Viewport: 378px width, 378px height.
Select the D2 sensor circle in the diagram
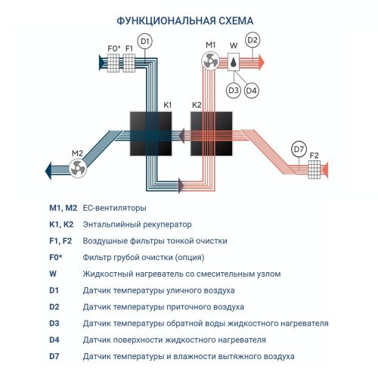point(253,40)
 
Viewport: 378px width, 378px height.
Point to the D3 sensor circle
point(233,90)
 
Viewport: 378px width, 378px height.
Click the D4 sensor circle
point(251,90)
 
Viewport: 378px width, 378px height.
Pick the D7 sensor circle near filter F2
point(299,149)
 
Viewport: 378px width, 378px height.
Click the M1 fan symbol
point(212,62)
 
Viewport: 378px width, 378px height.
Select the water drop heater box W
point(234,62)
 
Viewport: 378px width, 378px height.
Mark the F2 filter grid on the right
point(314,171)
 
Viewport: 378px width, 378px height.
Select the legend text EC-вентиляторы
point(114,207)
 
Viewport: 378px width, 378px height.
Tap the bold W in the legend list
point(52,274)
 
